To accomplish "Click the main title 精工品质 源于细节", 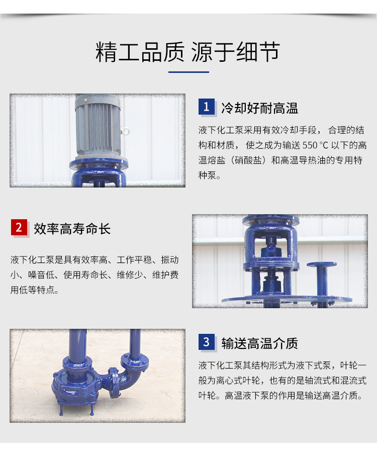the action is [x=187, y=52].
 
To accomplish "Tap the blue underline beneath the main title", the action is [x=189, y=72].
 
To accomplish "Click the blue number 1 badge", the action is [x=207, y=107].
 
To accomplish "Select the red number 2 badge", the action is [x=19, y=227].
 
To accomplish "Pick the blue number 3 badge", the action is [x=207, y=342].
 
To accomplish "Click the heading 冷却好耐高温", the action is [x=259, y=108].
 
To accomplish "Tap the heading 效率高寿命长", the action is [x=72, y=228].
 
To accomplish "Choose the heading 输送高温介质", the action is [x=259, y=343].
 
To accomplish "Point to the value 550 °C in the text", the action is [x=315, y=145].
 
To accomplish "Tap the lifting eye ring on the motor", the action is [x=125, y=131].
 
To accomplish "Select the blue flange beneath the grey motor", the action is [x=99, y=164].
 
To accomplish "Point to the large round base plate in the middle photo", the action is [x=287, y=299].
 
